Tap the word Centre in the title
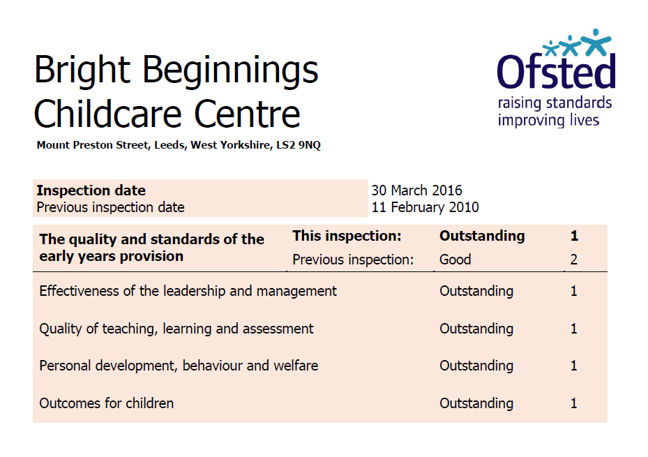247,114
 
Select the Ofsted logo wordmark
556,71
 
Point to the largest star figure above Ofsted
596,42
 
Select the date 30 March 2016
416,190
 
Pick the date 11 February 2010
425,207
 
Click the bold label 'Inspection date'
91,190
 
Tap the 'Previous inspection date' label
110,207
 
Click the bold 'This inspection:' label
347,236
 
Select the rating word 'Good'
455,260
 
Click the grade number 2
573,260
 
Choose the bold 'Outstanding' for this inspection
482,236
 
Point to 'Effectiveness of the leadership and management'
188,292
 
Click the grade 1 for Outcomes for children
573,403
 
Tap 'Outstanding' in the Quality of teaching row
476,329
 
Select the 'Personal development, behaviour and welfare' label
179,366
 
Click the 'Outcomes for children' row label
106,403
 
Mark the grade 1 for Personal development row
573,366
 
